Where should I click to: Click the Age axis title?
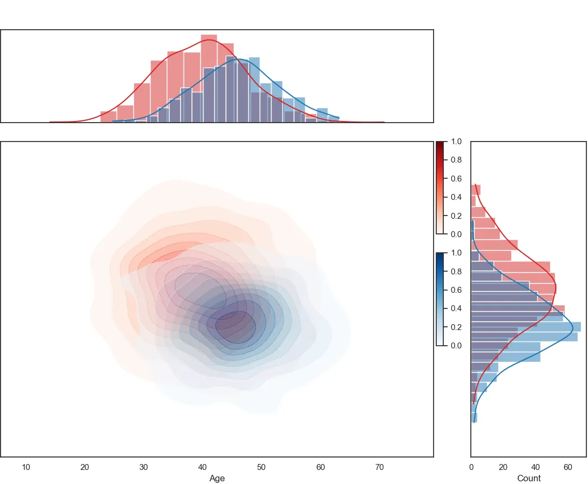217,478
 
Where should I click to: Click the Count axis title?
529,478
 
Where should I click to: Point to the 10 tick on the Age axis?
26,467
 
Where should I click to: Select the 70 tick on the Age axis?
380,467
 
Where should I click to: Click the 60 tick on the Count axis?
567,467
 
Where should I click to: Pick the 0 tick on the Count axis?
471,467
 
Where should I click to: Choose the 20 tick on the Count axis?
503,467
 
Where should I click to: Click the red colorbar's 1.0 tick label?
456,142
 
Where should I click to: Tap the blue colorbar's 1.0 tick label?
456,253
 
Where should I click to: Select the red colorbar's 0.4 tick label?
456,197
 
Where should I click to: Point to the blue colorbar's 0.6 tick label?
456,290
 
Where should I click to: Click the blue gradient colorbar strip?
440,299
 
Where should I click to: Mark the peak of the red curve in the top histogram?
209,39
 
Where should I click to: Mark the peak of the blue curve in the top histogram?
239,59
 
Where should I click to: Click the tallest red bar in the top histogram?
209,81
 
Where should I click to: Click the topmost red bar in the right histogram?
476,190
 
